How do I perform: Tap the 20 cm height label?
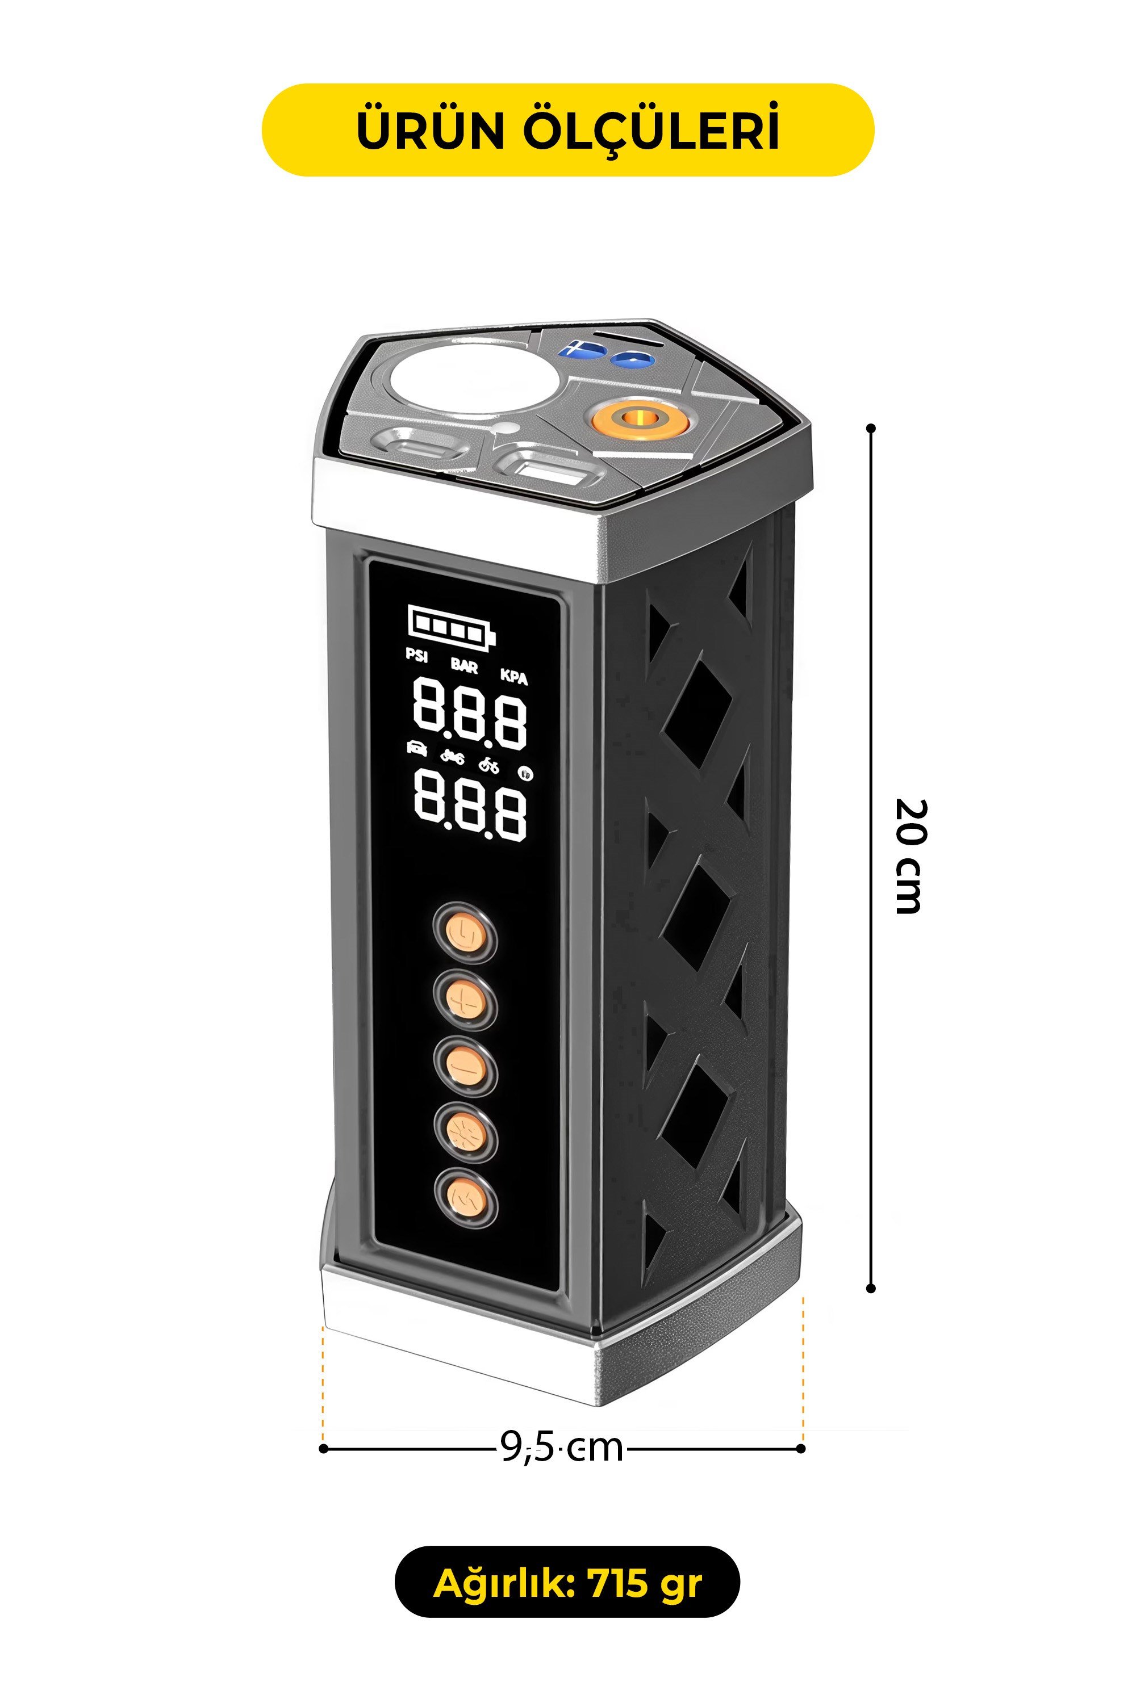[x=908, y=856]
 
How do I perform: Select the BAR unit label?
[x=465, y=665]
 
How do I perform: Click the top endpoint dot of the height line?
[x=871, y=429]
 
